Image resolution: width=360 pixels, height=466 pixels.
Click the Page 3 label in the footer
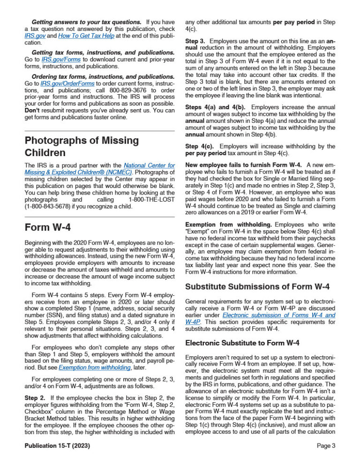(326, 446)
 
